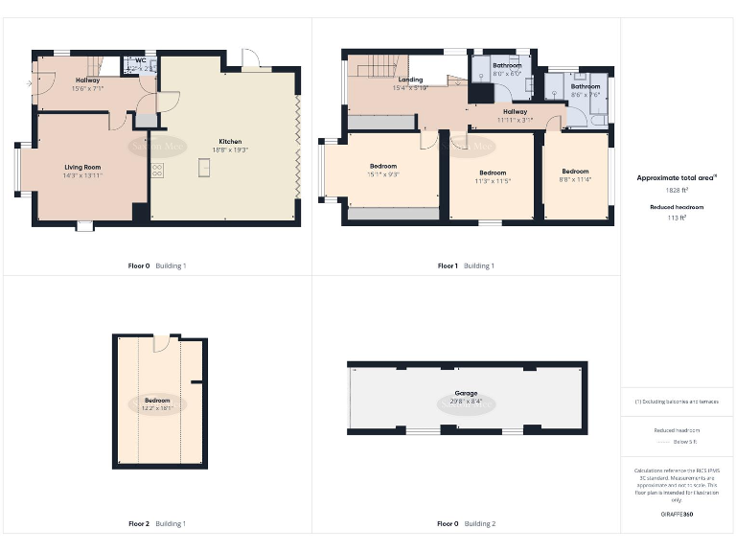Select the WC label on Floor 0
coord(140,60)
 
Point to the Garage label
coord(467,393)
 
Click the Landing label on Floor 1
coord(410,80)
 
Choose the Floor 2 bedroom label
coord(157,400)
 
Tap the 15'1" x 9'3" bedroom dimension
coord(382,174)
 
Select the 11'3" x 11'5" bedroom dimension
coord(493,180)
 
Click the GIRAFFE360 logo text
coord(677,515)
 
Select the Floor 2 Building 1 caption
coord(157,524)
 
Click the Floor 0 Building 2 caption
coord(467,524)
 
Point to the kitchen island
coord(203,169)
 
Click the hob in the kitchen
coord(156,169)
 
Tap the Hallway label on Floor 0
coord(87,80)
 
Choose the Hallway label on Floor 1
coord(515,111)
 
